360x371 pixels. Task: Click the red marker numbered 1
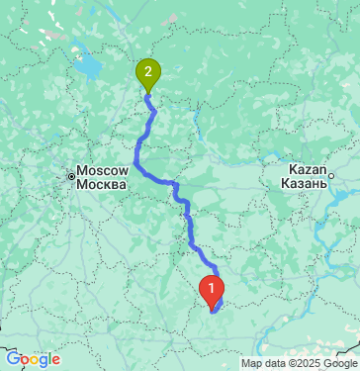tap(211, 289)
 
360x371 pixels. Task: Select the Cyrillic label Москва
tap(103, 185)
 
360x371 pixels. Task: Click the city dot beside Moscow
tap(72, 178)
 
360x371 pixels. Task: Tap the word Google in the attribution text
tap(331, 362)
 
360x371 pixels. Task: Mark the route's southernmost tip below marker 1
tap(213, 311)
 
